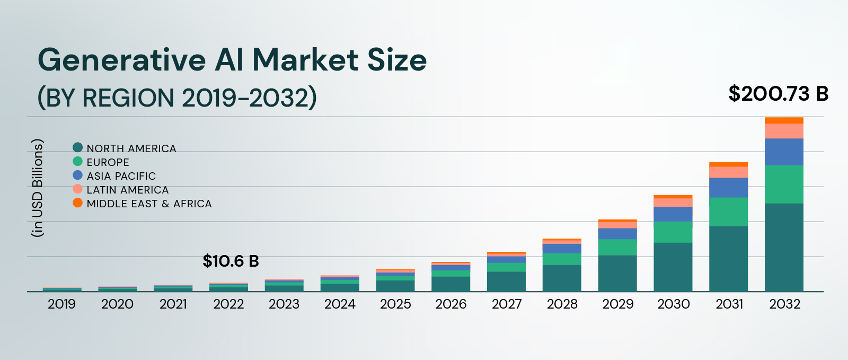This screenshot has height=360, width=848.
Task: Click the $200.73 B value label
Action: point(778,94)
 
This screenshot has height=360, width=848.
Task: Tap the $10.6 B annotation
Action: point(231,261)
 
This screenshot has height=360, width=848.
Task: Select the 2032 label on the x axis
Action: point(784,304)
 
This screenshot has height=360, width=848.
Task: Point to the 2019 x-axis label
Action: point(61,304)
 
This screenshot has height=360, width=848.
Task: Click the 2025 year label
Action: point(395,304)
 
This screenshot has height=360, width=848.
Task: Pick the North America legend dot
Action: point(78,147)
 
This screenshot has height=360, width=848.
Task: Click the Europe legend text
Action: point(108,162)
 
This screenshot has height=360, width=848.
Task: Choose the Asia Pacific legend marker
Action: point(78,175)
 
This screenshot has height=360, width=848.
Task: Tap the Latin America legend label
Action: point(127,190)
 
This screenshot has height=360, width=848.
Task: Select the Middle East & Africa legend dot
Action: point(78,203)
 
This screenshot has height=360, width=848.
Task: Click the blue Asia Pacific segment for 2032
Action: point(784,152)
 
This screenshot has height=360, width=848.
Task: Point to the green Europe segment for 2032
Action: point(784,184)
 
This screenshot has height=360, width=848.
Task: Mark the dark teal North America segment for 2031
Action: point(728,259)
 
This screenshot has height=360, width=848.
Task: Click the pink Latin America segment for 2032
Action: point(784,131)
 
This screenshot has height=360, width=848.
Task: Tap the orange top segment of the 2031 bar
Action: point(728,164)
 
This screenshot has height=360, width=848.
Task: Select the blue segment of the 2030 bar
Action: point(673,214)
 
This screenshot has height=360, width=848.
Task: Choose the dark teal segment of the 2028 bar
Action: point(562,278)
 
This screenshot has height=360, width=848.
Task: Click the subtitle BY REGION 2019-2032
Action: point(177,98)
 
